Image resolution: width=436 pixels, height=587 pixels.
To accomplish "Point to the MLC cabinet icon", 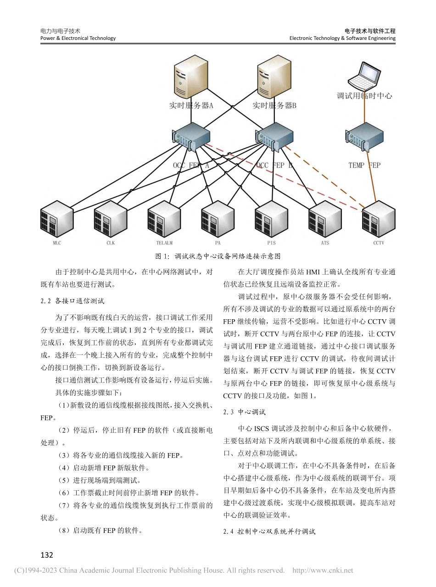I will [57, 220].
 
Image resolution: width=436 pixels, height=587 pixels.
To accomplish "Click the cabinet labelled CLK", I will [111, 220].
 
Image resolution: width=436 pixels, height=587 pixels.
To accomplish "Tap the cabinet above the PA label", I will [218, 220].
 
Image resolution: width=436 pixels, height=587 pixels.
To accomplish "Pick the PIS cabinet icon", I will [271, 220].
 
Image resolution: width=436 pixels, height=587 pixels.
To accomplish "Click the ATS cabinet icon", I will [325, 220].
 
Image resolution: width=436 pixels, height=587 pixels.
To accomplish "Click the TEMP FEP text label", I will [364, 165].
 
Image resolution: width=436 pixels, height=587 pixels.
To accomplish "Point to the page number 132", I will [47, 555].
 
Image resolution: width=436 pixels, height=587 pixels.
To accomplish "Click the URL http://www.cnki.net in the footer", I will [323, 570].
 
